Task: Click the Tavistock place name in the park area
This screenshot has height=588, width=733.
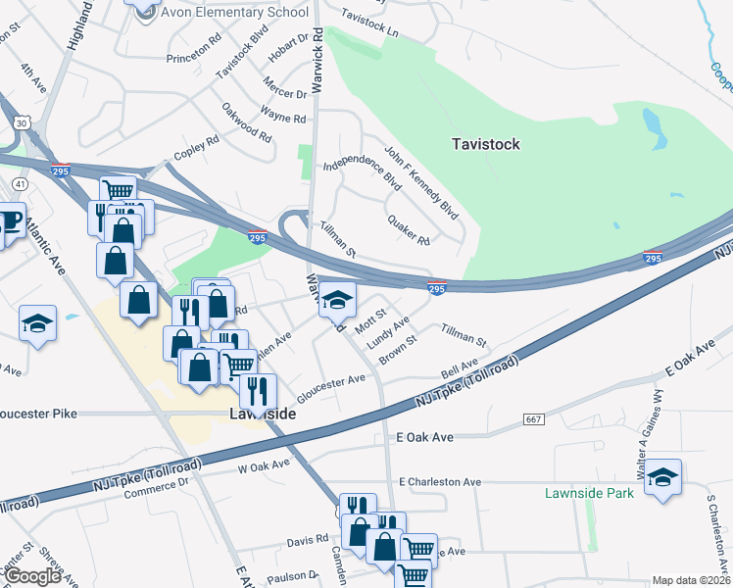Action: coord(486,144)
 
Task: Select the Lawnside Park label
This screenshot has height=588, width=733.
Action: coord(590,493)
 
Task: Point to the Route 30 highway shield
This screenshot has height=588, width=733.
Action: coord(23,121)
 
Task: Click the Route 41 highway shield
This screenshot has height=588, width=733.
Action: coord(20,184)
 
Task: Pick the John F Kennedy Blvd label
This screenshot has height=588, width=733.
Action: coord(421,182)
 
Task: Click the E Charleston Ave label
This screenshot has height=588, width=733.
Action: coord(440,482)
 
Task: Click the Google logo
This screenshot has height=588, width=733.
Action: coord(32,576)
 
